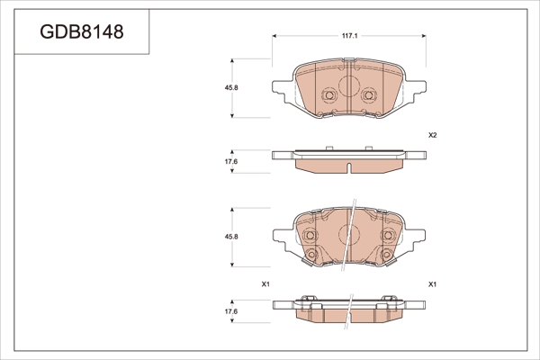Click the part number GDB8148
82,32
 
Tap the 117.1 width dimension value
349,36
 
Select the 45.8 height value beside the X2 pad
231,88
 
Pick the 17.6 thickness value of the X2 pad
231,161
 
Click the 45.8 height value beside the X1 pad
231,237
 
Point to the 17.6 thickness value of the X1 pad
231,311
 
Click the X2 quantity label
433,135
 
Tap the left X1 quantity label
265,284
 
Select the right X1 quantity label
433,284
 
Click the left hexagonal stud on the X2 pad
329,94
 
